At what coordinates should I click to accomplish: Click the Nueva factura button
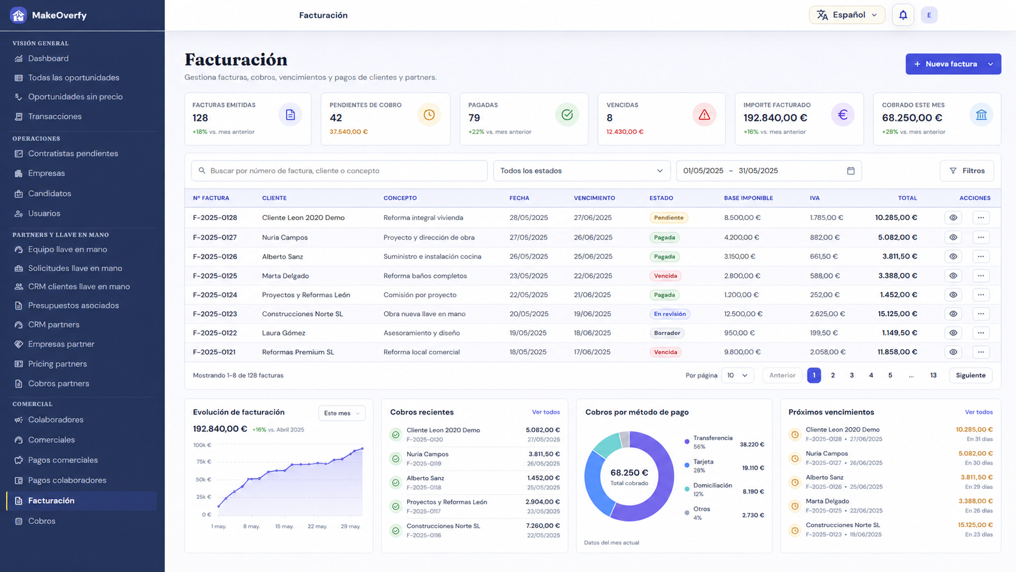953,64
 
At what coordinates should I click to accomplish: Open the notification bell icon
903,15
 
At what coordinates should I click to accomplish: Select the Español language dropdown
847,15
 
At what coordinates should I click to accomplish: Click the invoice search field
339,171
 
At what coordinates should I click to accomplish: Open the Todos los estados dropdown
582,171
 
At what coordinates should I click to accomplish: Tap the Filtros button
967,171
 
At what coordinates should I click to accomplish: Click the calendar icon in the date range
851,171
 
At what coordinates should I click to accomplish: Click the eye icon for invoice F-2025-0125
953,276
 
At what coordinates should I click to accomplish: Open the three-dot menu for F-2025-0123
981,314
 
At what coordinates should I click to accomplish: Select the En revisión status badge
670,314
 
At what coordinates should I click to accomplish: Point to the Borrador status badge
667,333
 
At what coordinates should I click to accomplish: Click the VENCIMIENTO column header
594,198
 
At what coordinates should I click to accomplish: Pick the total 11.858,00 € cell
897,352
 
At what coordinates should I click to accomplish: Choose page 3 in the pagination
851,375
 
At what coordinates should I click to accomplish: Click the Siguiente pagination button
970,375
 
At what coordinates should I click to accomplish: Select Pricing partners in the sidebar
57,364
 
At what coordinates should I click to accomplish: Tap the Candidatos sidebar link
49,194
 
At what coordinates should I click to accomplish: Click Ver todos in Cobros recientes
546,412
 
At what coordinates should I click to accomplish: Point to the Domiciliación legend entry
712,489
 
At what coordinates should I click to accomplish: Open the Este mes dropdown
342,413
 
